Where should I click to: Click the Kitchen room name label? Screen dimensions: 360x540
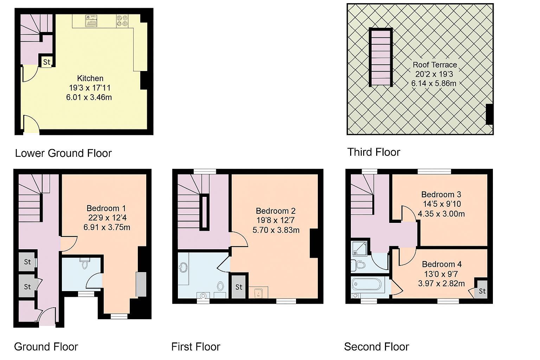pos(90,78)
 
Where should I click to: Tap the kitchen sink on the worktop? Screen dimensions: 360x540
pos(91,21)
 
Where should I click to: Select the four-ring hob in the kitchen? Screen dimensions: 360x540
pos(122,20)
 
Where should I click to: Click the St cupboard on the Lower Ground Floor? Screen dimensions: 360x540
pos(47,62)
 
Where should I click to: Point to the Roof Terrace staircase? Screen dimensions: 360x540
pos(381,57)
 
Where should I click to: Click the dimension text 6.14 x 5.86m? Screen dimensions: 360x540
pos(434,84)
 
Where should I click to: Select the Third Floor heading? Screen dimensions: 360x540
pos(374,152)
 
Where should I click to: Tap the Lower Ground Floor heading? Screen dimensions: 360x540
pos(63,153)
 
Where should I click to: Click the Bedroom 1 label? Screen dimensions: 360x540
pos(106,208)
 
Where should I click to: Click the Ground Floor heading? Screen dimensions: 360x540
pos(46,347)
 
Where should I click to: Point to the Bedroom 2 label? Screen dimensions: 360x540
pos(276,211)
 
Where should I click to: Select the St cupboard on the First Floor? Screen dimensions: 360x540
pos(239,287)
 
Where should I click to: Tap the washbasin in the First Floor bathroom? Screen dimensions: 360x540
pos(183,268)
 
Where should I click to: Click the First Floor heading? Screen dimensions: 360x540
pos(196,347)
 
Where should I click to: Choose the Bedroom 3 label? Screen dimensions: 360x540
pos(441,194)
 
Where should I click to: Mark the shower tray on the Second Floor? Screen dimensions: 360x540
pos(359,248)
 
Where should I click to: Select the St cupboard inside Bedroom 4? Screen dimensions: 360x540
pos(482,291)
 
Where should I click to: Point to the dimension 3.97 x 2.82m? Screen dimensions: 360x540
pos(441,283)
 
